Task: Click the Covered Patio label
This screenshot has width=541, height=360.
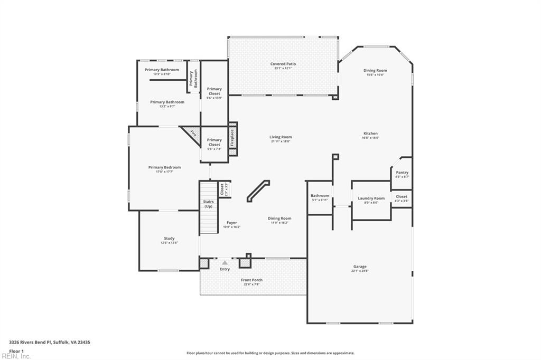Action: click(283, 64)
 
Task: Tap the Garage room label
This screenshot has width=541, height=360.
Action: click(360, 267)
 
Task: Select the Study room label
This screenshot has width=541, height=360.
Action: click(169, 239)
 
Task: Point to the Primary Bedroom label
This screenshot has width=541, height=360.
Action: click(164, 167)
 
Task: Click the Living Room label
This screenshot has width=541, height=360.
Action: click(281, 137)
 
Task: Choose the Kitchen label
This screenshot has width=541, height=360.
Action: click(370, 134)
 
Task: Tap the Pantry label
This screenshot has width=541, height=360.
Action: click(402, 173)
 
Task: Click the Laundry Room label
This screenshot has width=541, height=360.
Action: click(371, 198)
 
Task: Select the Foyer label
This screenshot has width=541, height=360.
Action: click(232, 223)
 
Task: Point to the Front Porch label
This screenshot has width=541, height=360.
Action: click(252, 280)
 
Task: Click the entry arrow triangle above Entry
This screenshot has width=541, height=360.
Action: click(225, 262)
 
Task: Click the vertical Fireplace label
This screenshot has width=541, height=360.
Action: click(232, 138)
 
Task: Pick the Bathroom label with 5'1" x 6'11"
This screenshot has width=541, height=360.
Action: click(320, 196)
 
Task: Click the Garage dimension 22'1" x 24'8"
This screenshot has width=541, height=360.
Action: click(360, 271)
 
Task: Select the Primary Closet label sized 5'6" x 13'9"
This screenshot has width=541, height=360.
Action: click(214, 91)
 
